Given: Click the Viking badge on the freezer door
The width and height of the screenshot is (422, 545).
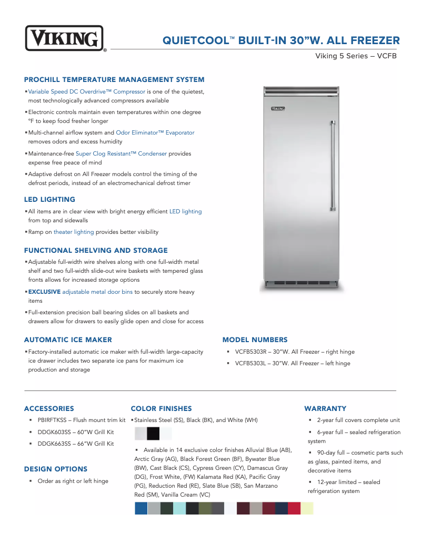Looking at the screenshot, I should (278, 109).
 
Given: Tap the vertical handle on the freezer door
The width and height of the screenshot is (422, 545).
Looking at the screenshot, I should (333, 166).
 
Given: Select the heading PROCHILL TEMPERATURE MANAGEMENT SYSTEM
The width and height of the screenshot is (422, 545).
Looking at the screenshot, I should (114, 80).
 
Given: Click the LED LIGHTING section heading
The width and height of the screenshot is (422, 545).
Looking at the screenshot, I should (49, 200).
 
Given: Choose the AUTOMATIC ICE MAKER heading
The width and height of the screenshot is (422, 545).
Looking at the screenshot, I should (68, 340).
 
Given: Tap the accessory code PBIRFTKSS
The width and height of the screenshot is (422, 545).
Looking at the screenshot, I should (54, 420).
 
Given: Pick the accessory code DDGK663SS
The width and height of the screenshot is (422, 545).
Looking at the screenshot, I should (54, 444).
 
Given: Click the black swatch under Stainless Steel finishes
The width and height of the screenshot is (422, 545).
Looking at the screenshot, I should (153, 434).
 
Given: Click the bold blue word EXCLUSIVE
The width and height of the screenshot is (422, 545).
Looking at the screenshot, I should (44, 292).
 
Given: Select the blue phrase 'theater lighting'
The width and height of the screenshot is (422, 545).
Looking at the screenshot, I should (74, 232).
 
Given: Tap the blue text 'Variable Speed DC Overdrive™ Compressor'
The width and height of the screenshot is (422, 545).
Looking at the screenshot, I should (86, 91).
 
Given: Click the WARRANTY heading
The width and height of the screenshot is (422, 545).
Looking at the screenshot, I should (325, 408).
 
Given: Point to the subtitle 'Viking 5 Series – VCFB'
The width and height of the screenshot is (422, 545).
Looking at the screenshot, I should (356, 56).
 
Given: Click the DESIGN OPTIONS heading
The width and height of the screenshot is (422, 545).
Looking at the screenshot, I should (56, 469).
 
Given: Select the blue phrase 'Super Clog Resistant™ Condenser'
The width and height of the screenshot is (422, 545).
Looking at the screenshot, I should (121, 154).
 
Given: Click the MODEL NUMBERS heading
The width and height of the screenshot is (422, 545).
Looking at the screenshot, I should (255, 340).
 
